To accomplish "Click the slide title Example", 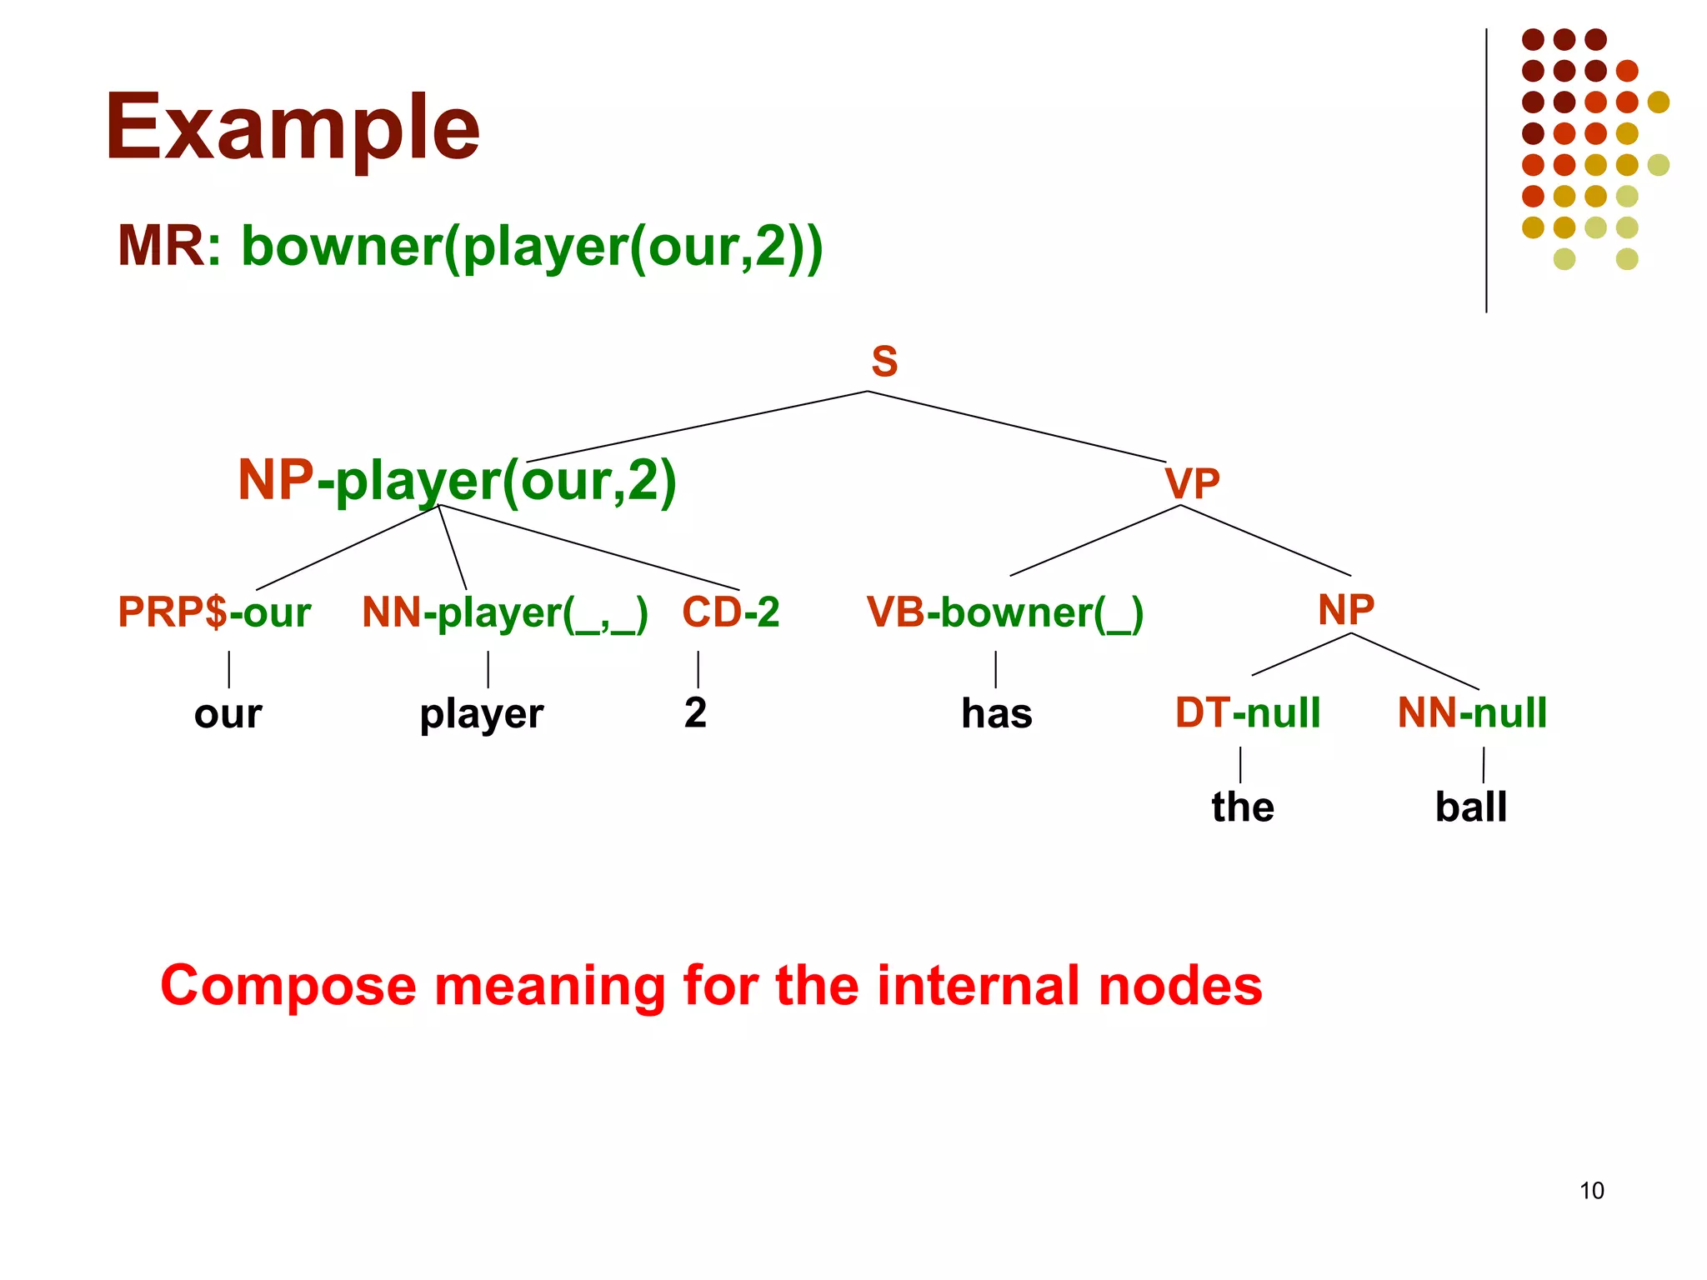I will pos(292,128).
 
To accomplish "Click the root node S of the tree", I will pos(884,362).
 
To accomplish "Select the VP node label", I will pos(1192,483).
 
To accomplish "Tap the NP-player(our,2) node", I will pos(457,481).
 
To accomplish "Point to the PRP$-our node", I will pos(214,612).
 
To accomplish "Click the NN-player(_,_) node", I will pos(504,613).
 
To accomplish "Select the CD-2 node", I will pos(731,612).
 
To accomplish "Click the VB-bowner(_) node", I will pos(1004,613).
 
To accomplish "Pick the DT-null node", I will pos(1248,713).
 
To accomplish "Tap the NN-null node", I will pos(1472,713).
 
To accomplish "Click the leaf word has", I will pos(997,714).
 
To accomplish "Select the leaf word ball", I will pos(1470,807).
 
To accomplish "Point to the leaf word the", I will pos(1243,807).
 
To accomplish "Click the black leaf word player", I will pos(481,715).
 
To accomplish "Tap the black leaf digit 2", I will pos(695,713).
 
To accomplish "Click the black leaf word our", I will pos(228,715).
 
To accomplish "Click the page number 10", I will pos(1591,1191).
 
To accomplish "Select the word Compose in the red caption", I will pos(288,987).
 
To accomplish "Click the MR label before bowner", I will pos(161,247).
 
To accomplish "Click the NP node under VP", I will pos(1345,610).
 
